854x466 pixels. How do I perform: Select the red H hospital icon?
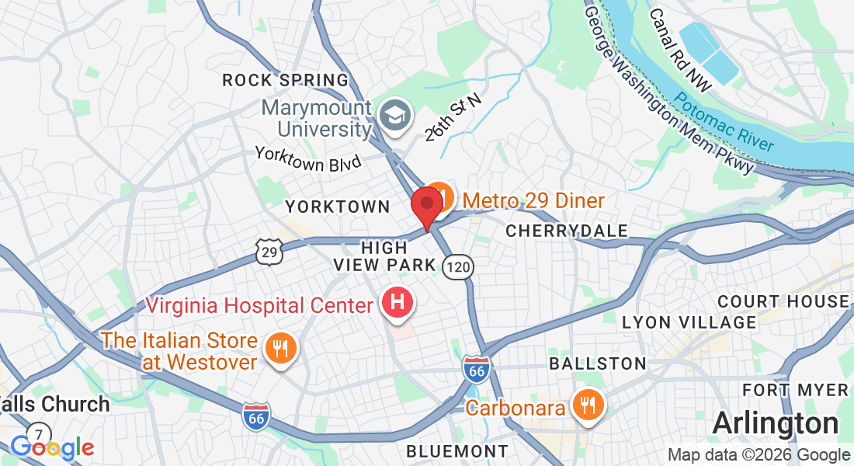tap(397, 302)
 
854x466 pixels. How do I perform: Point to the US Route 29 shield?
tap(269, 250)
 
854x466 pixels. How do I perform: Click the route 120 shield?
tap(458, 267)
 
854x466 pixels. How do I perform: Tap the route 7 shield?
tap(38, 433)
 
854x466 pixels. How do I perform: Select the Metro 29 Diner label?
tap(533, 201)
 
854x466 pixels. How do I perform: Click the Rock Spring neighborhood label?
tap(286, 80)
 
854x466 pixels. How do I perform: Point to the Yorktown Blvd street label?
tap(308, 158)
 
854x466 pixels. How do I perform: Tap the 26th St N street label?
tap(453, 117)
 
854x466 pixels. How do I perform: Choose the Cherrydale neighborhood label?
tap(567, 231)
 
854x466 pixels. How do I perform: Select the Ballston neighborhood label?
tap(597, 363)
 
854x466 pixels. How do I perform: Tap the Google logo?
tap(51, 447)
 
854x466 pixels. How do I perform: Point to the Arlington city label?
tap(775, 423)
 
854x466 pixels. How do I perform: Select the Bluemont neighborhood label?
tap(457, 450)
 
